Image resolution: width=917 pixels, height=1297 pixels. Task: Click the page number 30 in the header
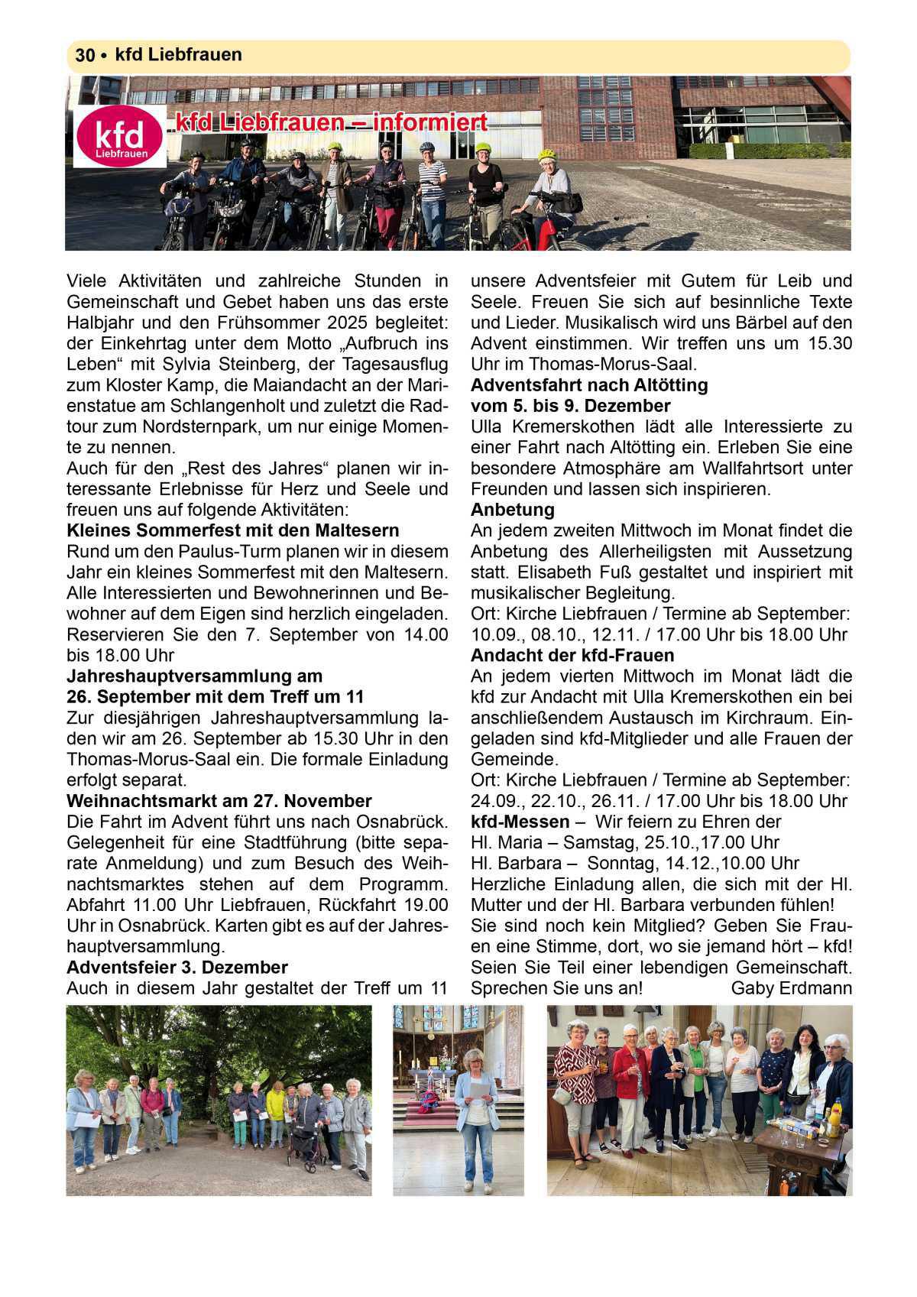(84, 56)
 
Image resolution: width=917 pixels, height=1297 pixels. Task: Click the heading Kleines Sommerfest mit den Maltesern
(233, 530)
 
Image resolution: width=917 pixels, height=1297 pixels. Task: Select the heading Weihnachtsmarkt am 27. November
(219, 801)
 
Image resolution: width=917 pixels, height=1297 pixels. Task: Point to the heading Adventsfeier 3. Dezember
(177, 968)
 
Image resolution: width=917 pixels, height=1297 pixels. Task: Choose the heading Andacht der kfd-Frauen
(572, 656)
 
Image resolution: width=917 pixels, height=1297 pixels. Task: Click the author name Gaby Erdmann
(791, 988)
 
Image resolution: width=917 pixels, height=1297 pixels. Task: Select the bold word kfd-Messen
(520, 822)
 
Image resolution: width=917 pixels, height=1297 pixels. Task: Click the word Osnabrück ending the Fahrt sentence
(401, 822)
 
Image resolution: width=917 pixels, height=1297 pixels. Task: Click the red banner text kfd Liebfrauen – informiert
(332, 123)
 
